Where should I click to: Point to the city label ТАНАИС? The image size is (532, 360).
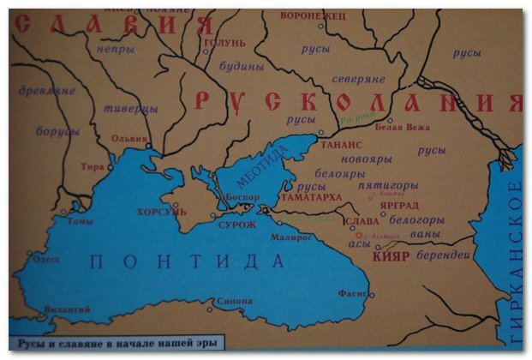[341, 145]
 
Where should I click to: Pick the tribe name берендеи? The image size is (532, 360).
[444, 255]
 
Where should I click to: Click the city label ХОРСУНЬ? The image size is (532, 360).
[160, 210]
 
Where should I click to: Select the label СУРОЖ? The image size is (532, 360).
[238, 225]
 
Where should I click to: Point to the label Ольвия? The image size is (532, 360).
[129, 137]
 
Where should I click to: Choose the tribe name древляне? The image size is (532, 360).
[46, 90]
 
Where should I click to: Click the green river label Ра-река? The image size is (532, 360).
[356, 121]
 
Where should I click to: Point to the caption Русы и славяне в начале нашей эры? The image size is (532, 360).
[117, 344]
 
